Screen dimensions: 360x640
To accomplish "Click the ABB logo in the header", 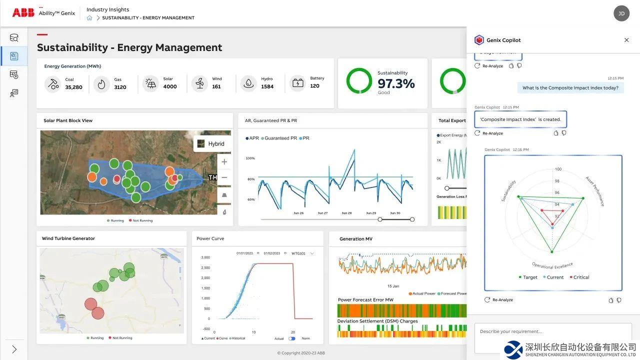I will [23, 13].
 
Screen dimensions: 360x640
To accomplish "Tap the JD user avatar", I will [621, 13].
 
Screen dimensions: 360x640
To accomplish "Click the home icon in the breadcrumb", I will [89, 18].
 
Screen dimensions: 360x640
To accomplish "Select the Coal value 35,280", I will [73, 87].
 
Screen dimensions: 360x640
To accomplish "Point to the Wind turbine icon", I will [200, 83].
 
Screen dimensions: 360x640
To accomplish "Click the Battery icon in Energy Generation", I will [298, 83].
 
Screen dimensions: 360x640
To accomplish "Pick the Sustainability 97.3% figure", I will [396, 83].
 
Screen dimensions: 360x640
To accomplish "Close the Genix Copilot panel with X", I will [626, 40].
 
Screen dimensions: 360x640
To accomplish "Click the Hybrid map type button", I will [211, 143].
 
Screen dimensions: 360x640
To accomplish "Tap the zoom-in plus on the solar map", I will [224, 162].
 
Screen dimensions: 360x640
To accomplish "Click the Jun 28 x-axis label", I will [346, 213].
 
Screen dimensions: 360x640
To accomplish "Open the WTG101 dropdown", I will [302, 253].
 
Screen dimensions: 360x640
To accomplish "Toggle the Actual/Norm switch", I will [292, 338].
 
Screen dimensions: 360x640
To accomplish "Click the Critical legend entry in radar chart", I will [579, 277].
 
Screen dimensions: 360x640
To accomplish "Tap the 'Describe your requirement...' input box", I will [552, 332].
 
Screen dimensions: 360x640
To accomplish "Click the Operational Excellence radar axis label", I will [552, 265].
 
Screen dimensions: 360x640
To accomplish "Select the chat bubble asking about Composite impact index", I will [570, 88].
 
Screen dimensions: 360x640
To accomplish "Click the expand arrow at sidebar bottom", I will [14, 349].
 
